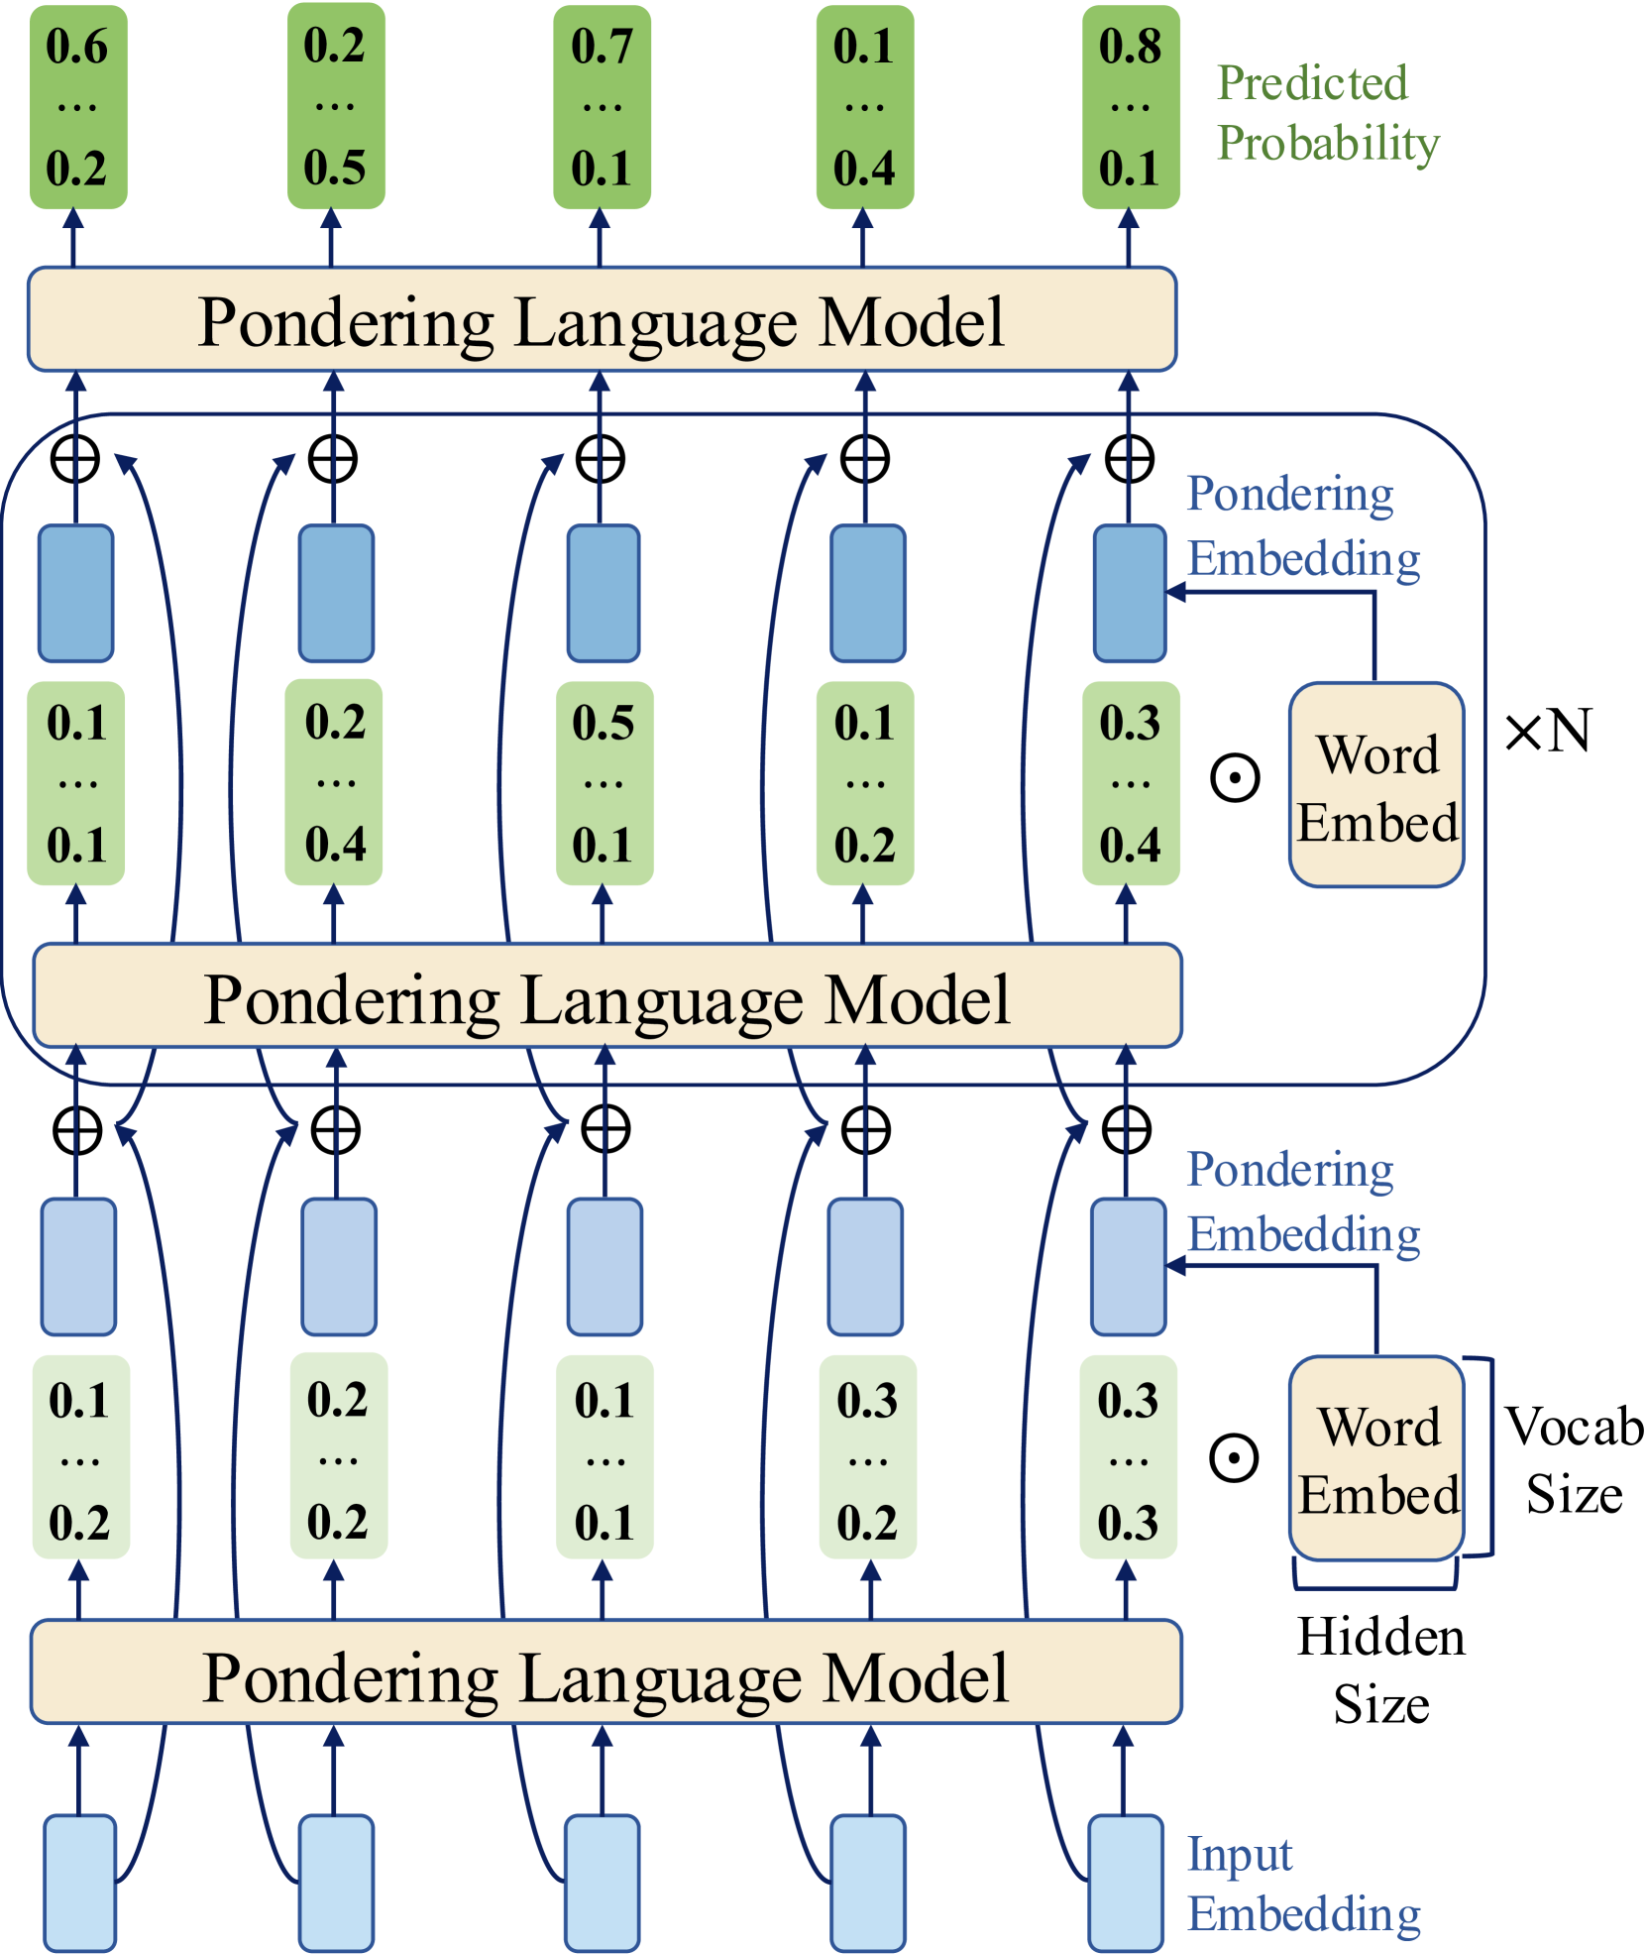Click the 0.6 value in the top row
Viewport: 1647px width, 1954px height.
(x=76, y=47)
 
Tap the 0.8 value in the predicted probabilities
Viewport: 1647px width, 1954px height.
(x=1130, y=47)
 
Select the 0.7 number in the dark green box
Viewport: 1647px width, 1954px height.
(x=602, y=47)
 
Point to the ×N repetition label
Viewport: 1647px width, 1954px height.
(x=1548, y=732)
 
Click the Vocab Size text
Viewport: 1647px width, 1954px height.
(x=1574, y=1459)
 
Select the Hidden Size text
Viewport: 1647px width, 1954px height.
(x=1380, y=1669)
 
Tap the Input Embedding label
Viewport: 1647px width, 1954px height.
(x=1303, y=1884)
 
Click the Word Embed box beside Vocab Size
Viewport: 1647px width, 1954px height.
(x=1377, y=1458)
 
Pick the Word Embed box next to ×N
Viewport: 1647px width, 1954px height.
(x=1376, y=785)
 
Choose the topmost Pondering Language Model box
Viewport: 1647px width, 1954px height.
(x=602, y=319)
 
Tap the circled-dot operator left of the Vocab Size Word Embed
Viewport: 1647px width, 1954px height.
(x=1234, y=1458)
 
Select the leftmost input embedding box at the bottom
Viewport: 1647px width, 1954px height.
(x=79, y=1882)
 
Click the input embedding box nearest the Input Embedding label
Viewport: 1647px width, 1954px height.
(x=1125, y=1882)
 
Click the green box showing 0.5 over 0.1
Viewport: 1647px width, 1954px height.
(x=604, y=783)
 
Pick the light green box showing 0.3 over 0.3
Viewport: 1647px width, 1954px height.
(x=1128, y=1458)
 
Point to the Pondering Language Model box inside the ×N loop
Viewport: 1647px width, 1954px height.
(x=606, y=996)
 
